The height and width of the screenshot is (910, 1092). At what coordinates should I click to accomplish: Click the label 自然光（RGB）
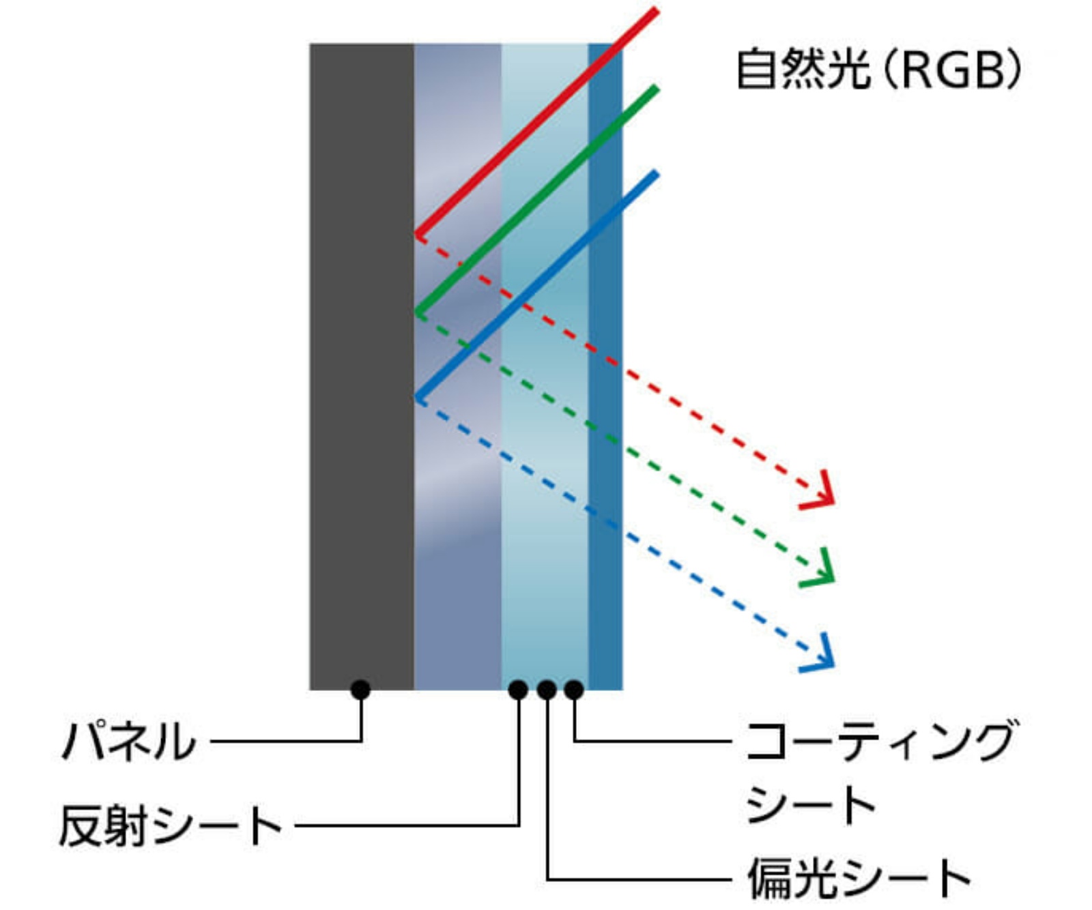pos(878,69)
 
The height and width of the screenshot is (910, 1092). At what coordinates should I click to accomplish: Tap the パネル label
pos(129,741)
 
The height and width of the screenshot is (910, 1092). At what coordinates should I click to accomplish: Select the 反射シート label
pos(171,825)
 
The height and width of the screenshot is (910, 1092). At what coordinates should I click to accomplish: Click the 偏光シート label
pos(859,878)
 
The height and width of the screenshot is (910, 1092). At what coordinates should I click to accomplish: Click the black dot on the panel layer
pos(360,690)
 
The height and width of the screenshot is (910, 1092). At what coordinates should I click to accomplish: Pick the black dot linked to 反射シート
pos(518,690)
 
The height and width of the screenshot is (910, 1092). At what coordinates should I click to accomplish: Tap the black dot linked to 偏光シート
pos(546,690)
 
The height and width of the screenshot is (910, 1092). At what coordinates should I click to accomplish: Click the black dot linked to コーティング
pos(574,690)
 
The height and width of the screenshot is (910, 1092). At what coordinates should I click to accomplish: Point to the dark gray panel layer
pos(362,341)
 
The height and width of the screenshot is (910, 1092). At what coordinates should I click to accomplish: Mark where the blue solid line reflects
pos(417,398)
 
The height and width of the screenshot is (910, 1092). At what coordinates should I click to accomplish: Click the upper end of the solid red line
pos(655,10)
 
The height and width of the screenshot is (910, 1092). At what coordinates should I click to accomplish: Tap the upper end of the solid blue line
pos(655,174)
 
